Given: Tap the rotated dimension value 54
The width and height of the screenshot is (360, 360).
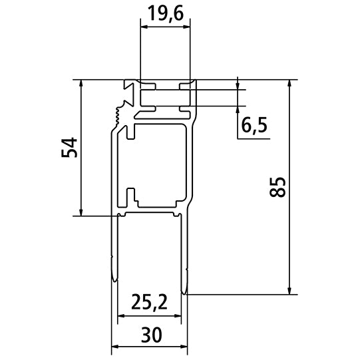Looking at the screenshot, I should (69, 148).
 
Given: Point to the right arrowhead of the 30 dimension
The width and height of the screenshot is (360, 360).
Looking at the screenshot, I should (185, 347).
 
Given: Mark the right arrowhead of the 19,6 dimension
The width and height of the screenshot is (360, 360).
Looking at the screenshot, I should (186, 27).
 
